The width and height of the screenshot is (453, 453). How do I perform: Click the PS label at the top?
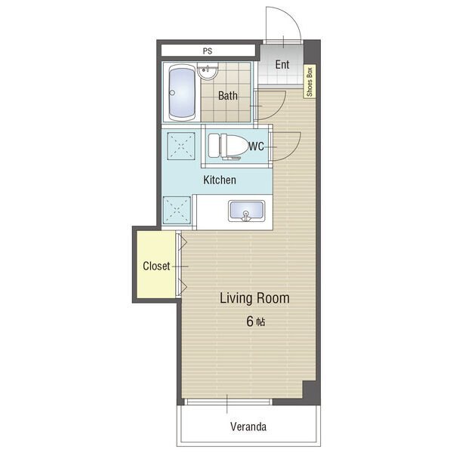pos(208,51)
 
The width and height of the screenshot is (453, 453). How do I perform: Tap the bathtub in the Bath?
pos(182,92)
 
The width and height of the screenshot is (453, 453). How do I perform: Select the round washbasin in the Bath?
pos(208,71)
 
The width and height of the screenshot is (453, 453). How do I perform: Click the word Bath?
pos(228,96)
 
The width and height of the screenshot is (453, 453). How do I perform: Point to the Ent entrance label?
pos(282,64)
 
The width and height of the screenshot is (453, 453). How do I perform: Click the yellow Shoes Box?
pos(310,82)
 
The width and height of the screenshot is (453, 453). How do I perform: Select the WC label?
pos(256,146)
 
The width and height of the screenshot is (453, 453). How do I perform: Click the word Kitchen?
pos(220,180)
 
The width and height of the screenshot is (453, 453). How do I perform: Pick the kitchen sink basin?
pos(246,211)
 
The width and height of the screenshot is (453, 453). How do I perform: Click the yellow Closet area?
pos(156,264)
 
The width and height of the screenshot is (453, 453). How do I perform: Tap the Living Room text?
pos(254,298)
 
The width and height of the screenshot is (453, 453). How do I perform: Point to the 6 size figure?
pos(250,322)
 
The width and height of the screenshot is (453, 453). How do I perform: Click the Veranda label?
pos(248,427)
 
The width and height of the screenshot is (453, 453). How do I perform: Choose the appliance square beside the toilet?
pos(181,146)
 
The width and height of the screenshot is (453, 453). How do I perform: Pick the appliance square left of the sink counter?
pos(177,210)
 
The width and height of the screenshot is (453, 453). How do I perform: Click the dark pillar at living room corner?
pos(311,392)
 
